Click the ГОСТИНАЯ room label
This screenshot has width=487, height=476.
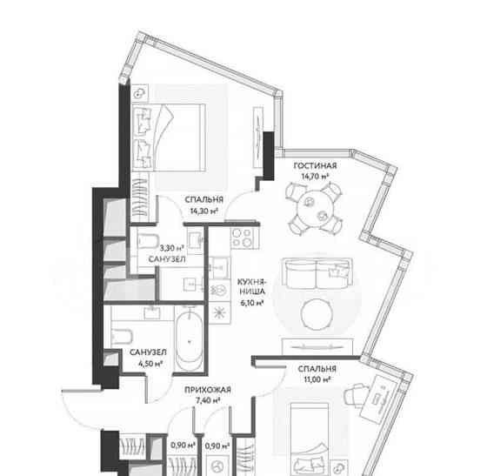point(315,165)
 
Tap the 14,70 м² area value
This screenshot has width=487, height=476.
point(315,177)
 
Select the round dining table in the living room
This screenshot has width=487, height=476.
point(314,208)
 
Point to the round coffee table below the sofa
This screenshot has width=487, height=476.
point(317,314)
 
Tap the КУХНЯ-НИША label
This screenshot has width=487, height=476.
point(252,287)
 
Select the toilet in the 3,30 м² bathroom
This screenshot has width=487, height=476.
point(148,241)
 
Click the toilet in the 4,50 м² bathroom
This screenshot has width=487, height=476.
point(122,336)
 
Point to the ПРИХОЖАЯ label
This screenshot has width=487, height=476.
point(208,390)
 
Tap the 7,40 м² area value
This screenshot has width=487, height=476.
point(208,400)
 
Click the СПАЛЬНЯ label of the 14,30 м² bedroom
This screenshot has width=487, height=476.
point(204,199)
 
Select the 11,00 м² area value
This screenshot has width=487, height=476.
point(317,379)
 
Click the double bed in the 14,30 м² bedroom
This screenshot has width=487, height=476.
point(169,137)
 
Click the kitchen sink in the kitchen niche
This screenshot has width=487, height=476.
point(219,267)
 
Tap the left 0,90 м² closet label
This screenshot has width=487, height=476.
point(183,446)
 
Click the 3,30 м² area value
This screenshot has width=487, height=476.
point(171,248)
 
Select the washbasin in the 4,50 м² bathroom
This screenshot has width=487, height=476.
point(152,312)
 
